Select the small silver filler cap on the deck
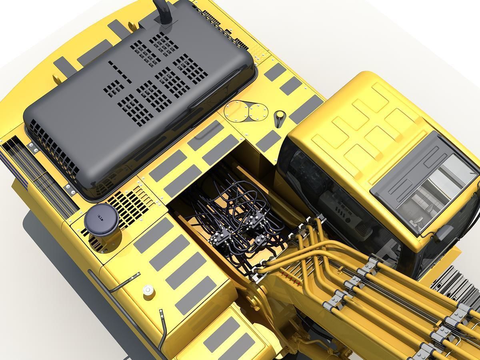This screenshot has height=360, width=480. (148, 290)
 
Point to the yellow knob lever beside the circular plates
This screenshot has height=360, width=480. (279, 118)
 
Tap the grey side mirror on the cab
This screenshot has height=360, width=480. (444, 232)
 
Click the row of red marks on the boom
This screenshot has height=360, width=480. (290, 276)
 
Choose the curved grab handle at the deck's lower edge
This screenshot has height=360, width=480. (162, 328)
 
